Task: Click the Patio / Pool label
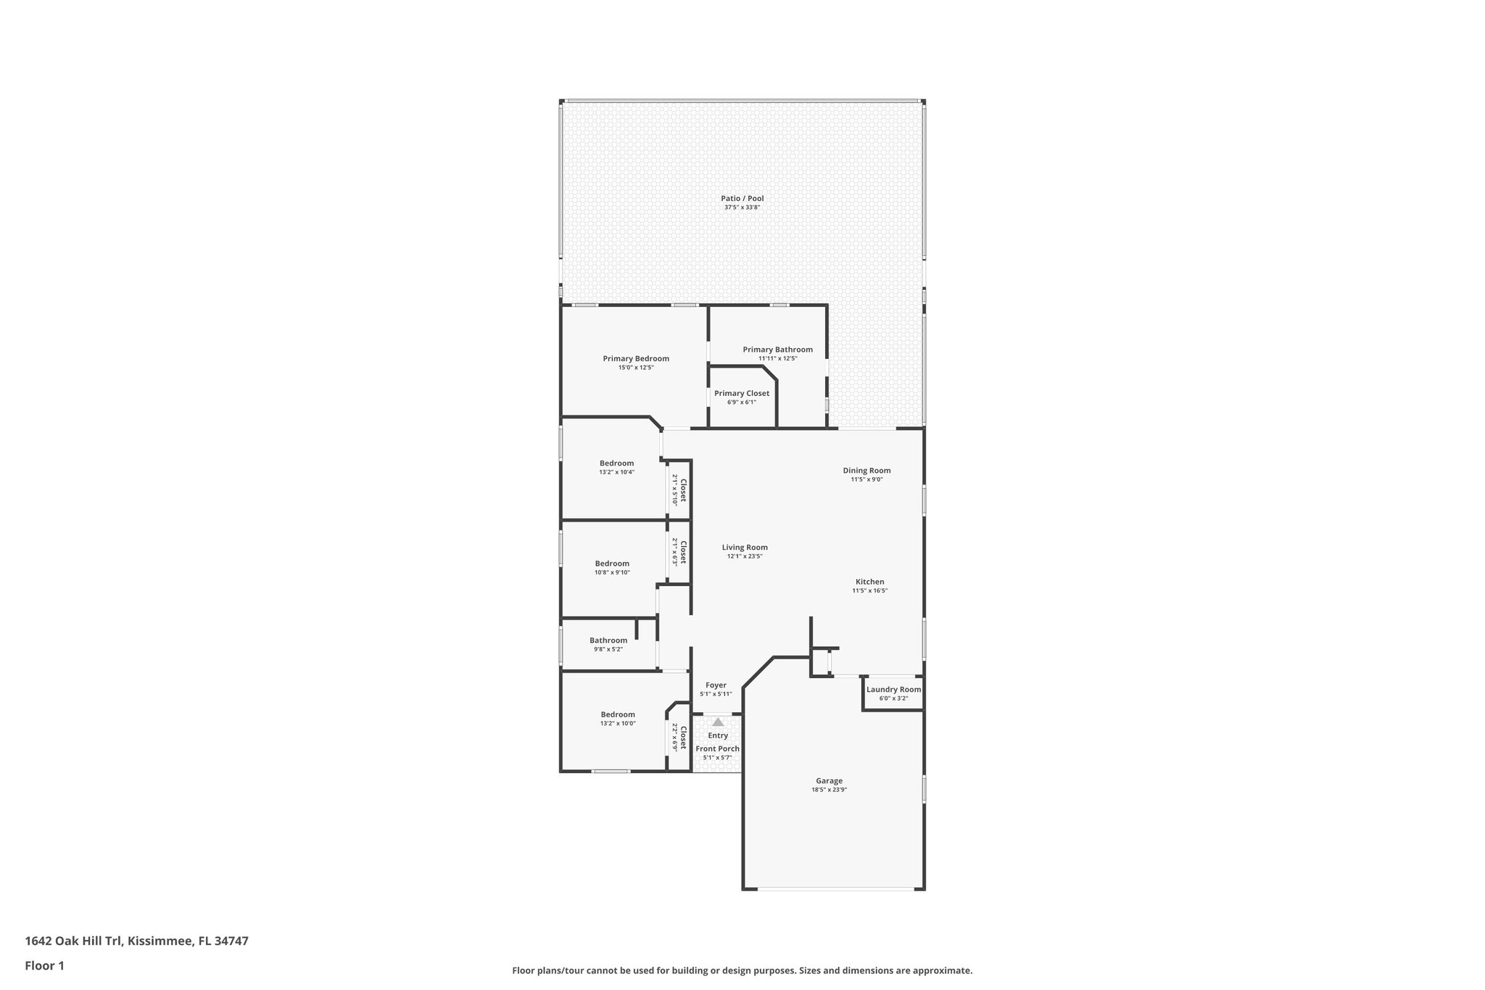point(742,199)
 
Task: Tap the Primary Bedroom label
point(636,358)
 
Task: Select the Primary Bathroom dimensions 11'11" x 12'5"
point(777,358)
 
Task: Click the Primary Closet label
point(742,393)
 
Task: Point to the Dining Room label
point(866,470)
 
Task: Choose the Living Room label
point(745,548)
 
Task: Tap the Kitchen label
point(869,582)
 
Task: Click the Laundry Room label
point(893,689)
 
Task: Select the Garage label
point(829,781)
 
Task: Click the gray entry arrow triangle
point(718,722)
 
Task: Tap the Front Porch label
point(718,748)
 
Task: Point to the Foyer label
point(716,685)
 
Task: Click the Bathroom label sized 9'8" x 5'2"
point(608,640)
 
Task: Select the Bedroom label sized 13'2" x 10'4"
point(616,463)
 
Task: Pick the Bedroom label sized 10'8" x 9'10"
point(612,564)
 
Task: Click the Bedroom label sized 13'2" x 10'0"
point(618,714)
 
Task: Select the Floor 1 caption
point(45,965)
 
